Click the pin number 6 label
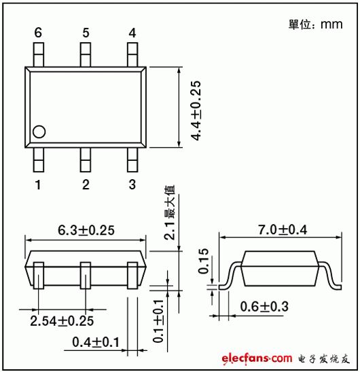coord(38,33)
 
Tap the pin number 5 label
coord(86,33)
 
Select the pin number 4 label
coord(132,33)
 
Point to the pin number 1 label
coord(39,185)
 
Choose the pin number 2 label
coord(86,185)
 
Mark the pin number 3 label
coord(132,185)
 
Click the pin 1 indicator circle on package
coord(39,132)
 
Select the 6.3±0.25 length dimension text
coord(86,230)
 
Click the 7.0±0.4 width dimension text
coord(278,230)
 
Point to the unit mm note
coord(315,24)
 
